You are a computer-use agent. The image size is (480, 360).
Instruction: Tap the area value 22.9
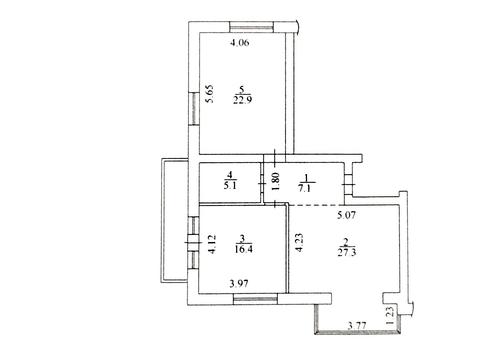tap(240, 99)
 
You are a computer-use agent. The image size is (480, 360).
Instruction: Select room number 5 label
tap(239, 87)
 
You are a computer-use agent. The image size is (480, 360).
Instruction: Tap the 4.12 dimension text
tap(211, 244)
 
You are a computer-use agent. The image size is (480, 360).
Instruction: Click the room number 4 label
tap(229, 173)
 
